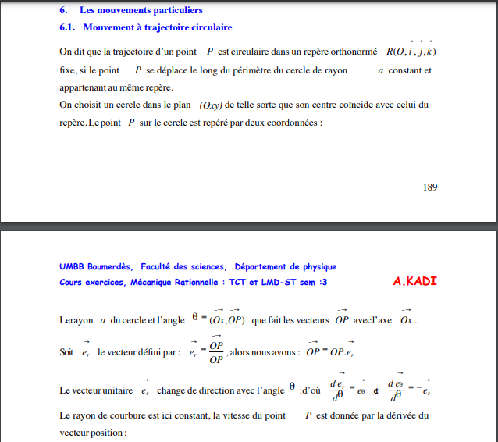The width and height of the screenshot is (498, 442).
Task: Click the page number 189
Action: [429, 187]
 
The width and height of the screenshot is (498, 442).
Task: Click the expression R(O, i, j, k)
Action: [411, 52]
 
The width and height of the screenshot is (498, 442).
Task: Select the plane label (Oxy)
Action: [212, 105]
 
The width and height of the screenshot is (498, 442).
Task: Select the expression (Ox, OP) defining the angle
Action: [229, 320]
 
